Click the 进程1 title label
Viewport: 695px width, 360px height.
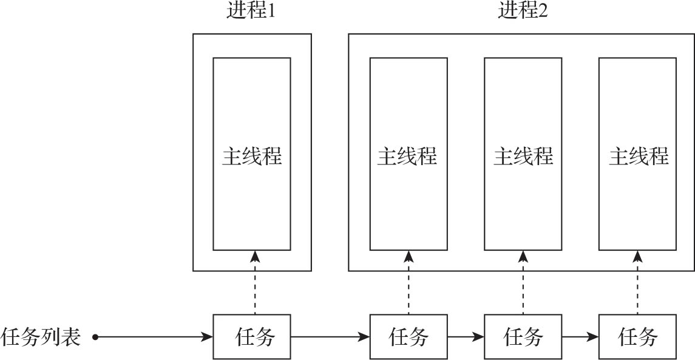coord(252,12)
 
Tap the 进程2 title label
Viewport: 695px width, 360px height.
coord(523,12)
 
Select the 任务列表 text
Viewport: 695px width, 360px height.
coord(41,336)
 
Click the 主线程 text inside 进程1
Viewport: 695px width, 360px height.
coord(252,157)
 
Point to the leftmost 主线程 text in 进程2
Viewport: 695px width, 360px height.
coord(408,157)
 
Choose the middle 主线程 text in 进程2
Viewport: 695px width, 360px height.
coord(523,157)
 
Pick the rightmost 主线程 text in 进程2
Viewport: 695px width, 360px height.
coord(638,157)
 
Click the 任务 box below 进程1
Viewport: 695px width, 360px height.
coord(252,336)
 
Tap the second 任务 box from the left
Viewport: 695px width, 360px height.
coord(409,336)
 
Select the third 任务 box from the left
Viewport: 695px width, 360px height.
coord(523,336)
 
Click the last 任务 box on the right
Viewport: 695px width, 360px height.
coord(637,336)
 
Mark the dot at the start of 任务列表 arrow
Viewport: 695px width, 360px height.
coord(95,336)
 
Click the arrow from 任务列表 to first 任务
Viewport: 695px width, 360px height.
coord(155,336)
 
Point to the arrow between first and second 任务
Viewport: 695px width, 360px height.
coord(330,336)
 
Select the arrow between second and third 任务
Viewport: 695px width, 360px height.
coord(466,336)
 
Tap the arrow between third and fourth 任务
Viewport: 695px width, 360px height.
coord(580,336)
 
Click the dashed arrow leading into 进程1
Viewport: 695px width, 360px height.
coord(255,282)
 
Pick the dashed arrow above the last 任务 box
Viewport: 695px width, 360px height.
coord(638,282)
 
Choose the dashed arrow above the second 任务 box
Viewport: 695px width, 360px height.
coord(409,282)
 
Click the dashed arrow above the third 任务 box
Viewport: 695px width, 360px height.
coord(523,282)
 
